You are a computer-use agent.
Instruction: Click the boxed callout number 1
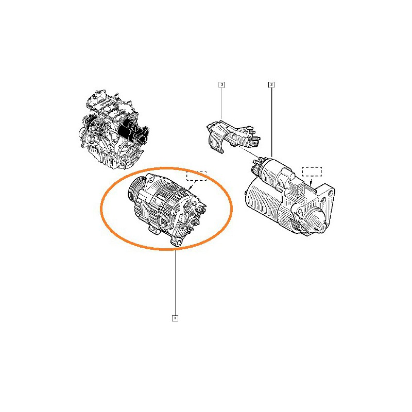pyautogui.click(x=175, y=318)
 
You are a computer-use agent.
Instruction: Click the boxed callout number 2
pyautogui.click(x=271, y=84)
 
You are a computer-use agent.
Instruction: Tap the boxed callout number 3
pyautogui.click(x=222, y=84)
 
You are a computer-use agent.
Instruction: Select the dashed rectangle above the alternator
pyautogui.click(x=197, y=176)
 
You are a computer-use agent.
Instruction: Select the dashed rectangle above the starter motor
pyautogui.click(x=312, y=171)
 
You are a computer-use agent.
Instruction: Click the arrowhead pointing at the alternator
pyautogui.click(x=190, y=188)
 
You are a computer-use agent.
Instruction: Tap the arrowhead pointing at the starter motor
pyautogui.click(x=311, y=184)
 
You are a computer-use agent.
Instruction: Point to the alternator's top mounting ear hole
pyautogui.click(x=151, y=179)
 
